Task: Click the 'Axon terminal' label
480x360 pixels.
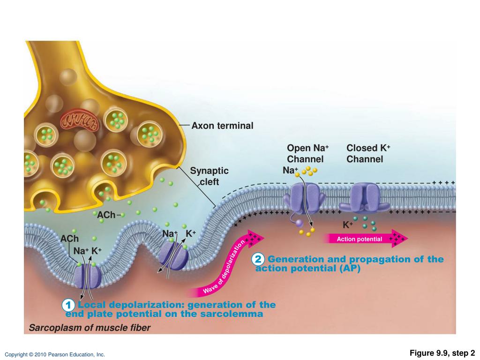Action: pyautogui.click(x=222, y=126)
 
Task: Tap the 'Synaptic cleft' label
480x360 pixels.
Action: pyautogui.click(x=209, y=176)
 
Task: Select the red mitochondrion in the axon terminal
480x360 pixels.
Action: pyautogui.click(x=79, y=120)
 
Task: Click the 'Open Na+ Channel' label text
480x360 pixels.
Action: pyautogui.click(x=307, y=153)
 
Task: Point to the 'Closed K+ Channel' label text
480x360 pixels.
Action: pyautogui.click(x=368, y=153)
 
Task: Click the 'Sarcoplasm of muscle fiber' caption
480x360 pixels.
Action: pyautogui.click(x=90, y=328)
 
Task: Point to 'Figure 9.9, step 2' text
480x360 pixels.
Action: pyautogui.click(x=442, y=353)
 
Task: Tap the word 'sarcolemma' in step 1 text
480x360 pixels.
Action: pyautogui.click(x=234, y=314)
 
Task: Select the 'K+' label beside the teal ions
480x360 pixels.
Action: pyautogui.click(x=348, y=225)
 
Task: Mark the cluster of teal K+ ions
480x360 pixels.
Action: pyautogui.click(x=366, y=223)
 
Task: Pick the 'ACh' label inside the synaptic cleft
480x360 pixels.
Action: pyautogui.click(x=106, y=215)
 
